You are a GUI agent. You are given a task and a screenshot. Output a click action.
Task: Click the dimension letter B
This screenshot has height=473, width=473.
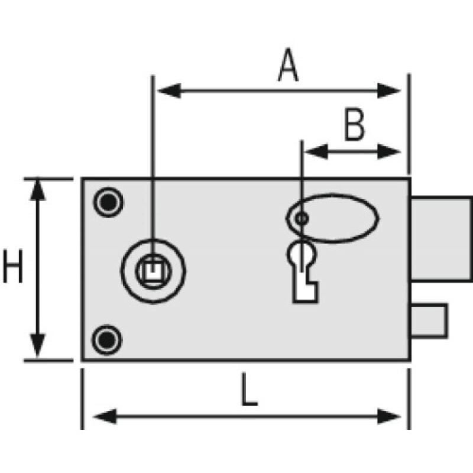355,125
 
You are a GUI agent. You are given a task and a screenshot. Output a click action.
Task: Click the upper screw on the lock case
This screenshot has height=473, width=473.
108,203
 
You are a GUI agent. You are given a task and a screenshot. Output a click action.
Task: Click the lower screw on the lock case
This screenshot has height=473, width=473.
106,339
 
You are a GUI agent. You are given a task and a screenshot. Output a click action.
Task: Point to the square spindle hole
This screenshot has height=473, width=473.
153,271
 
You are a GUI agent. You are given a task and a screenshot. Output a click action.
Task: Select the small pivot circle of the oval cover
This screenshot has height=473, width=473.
302,218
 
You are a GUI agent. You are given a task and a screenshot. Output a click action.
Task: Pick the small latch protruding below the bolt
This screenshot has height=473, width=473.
429,319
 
